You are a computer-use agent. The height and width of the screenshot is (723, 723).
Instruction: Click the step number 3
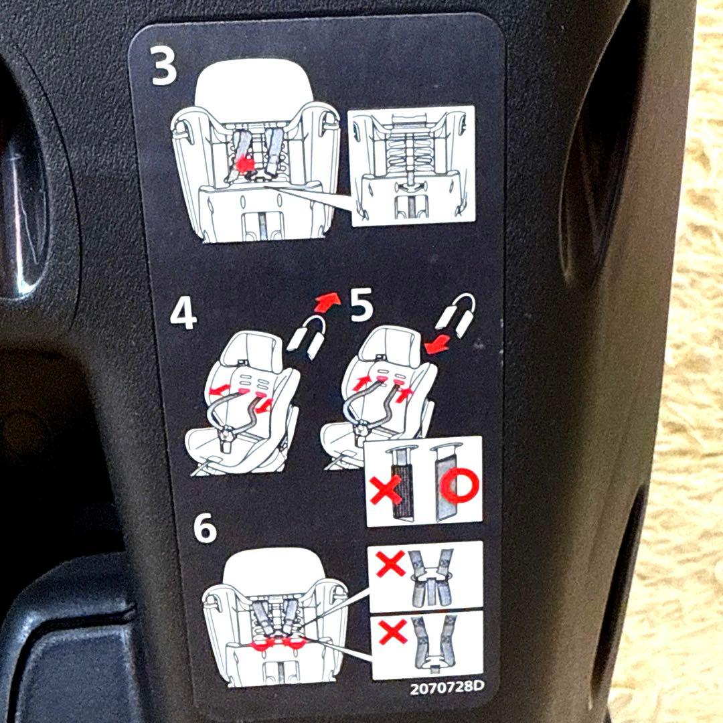tap(164, 67)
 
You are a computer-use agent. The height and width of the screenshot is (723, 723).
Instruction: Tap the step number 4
tap(183, 315)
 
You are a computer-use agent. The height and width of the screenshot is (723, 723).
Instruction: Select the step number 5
tap(361, 306)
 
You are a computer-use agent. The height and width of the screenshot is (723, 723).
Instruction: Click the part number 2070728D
tap(447, 687)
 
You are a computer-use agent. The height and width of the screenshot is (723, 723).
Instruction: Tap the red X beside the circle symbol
tap(386, 489)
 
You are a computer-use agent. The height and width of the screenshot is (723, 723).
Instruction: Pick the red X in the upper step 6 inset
tap(390, 564)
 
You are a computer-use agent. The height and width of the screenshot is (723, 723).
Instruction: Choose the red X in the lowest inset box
tap(393, 631)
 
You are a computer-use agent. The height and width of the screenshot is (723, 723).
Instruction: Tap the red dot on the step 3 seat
tap(244, 164)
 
